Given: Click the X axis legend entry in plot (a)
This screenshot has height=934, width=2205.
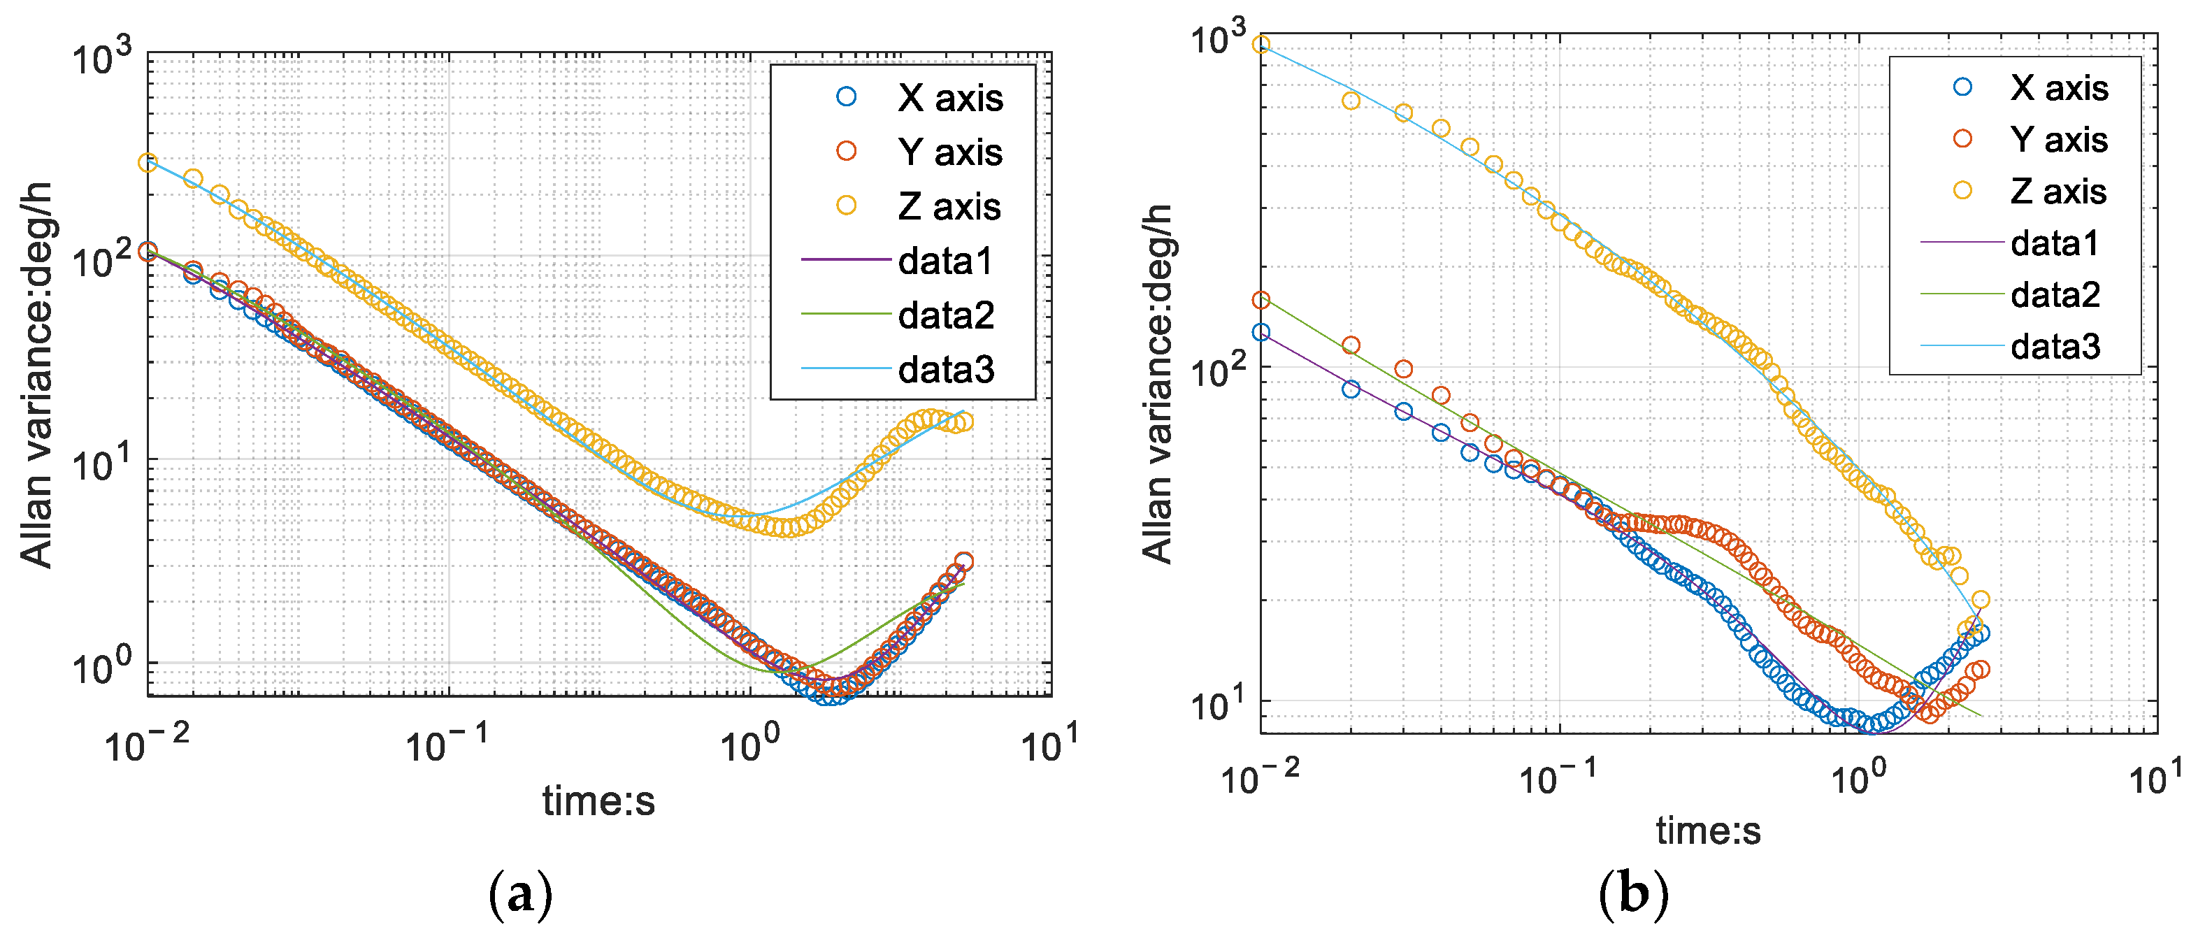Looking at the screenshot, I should (x=949, y=99).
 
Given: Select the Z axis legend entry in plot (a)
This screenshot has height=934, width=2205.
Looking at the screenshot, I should (x=949, y=206).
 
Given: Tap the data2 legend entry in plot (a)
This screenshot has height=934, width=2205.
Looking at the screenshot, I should (x=945, y=316).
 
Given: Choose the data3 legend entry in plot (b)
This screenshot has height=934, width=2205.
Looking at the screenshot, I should (x=2055, y=347).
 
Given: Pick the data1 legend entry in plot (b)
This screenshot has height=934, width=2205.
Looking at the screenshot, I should (x=2055, y=244).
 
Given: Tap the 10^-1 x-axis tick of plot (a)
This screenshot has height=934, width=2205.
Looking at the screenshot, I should (x=445, y=743).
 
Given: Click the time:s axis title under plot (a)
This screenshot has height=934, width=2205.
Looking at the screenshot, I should (x=598, y=801).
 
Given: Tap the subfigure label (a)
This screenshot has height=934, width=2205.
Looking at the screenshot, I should (x=519, y=896).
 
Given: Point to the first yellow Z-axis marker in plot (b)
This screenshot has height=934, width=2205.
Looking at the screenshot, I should (x=1261, y=45).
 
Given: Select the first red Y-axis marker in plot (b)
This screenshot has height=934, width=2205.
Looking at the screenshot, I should (x=1261, y=301).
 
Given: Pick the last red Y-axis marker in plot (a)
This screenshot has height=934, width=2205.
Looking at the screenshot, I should (x=964, y=561).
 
